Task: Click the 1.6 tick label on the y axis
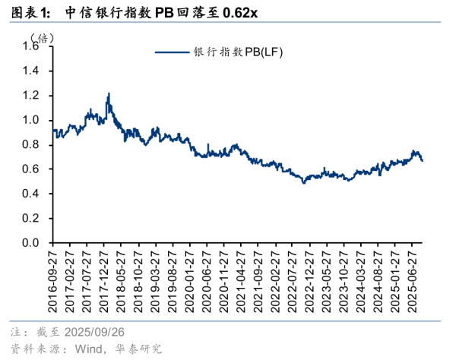(x=36, y=47)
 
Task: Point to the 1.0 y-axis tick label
(x=36, y=121)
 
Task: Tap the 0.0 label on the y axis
(x=36, y=243)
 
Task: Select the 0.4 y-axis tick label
(x=36, y=194)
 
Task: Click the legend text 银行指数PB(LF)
(x=238, y=52)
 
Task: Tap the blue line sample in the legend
(x=173, y=52)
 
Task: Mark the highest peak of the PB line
(x=109, y=94)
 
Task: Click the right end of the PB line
(x=423, y=160)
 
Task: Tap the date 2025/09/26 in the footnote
(x=94, y=333)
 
